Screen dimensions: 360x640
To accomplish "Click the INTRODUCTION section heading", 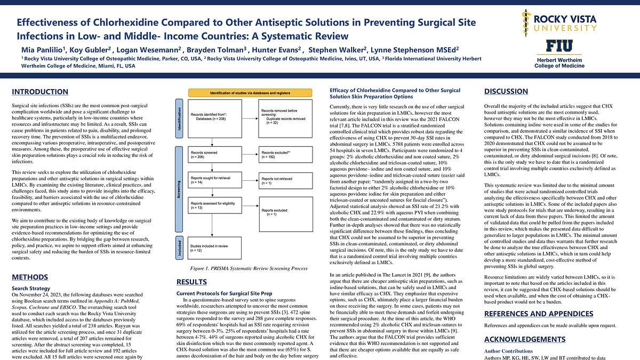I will pyautogui.click(x=40, y=92).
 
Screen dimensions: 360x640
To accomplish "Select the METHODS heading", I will pyautogui.click(x=30, y=277).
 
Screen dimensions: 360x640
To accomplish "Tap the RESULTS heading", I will pyautogui.click(x=192, y=282).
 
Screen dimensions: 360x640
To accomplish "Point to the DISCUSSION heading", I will pyautogui.click(x=506, y=92).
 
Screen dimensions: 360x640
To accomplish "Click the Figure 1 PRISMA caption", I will pyautogui.click(x=249, y=268).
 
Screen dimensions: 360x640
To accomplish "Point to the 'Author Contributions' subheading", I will pyautogui.click(x=509, y=351).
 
